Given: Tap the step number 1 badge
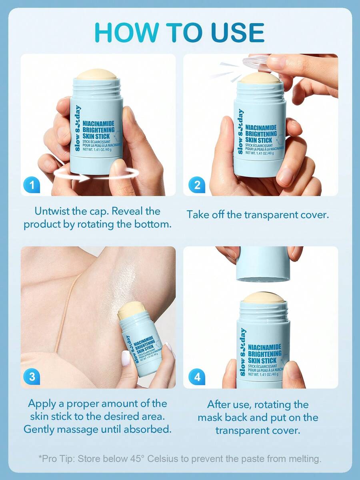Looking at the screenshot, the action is [32, 185].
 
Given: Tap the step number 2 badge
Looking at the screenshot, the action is [197, 185].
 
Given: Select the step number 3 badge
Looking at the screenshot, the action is [32, 377].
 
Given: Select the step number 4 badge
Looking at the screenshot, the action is [197, 377].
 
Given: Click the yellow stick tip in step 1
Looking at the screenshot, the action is [97, 74].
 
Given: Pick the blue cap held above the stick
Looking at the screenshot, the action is [263, 264].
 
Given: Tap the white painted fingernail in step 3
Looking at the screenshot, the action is [126, 358].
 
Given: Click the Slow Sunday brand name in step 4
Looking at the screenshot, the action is [243, 352].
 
